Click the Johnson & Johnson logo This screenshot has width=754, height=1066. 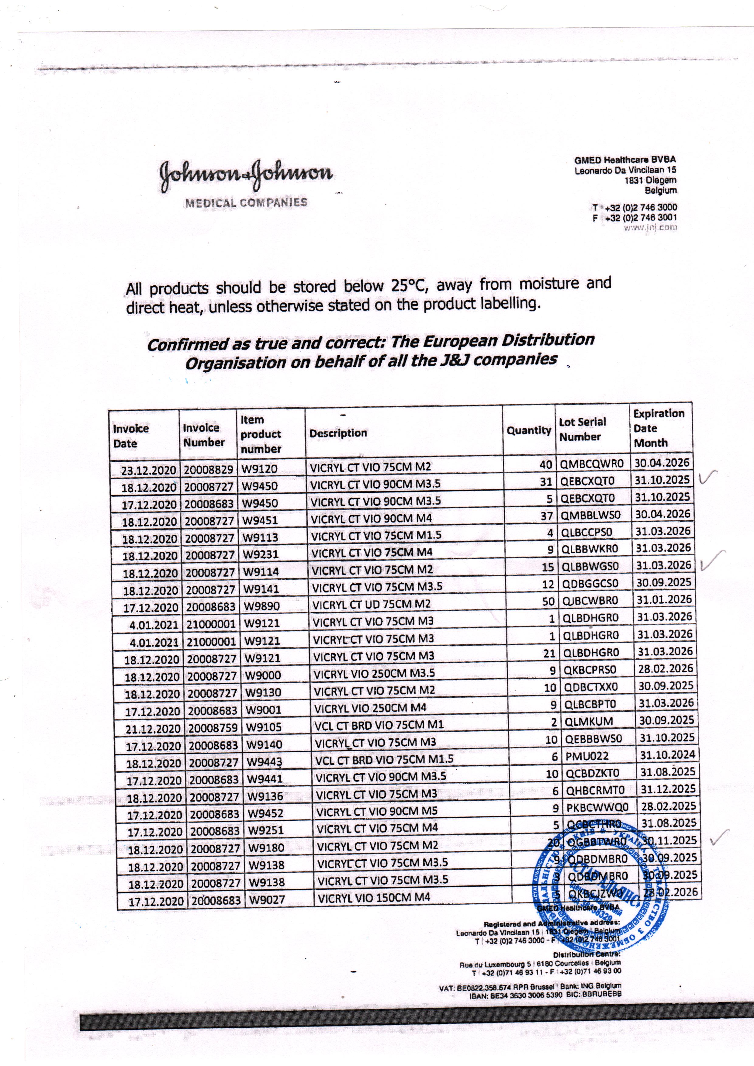pyautogui.click(x=246, y=176)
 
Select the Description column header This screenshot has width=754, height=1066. pyautogui.click(x=338, y=433)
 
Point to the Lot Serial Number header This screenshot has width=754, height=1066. pyautogui.click(x=582, y=430)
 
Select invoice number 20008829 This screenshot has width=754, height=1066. pyautogui.click(x=208, y=469)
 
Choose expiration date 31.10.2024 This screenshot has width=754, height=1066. pyautogui.click(x=667, y=755)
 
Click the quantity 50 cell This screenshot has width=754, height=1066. pyautogui.click(x=548, y=601)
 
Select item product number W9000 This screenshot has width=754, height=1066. pyautogui.click(x=263, y=675)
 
